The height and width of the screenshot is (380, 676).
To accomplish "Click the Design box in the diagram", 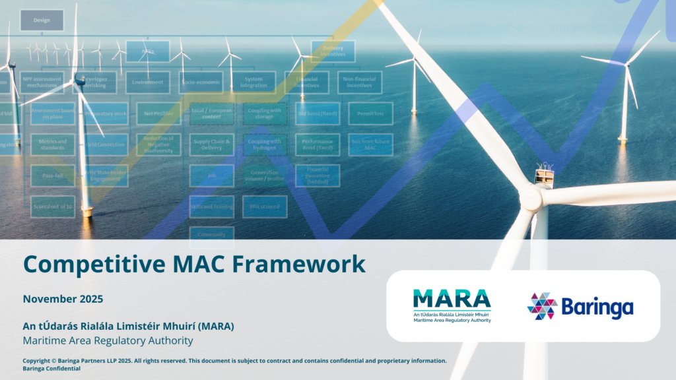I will click(42, 20).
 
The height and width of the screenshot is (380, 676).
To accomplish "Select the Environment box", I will click(147, 82).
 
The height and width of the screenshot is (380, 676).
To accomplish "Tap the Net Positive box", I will click(158, 113).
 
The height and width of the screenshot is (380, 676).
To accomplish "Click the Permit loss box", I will click(370, 113).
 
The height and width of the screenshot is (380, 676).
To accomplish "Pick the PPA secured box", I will click(264, 207).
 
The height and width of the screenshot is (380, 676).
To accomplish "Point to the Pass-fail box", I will click(52, 176).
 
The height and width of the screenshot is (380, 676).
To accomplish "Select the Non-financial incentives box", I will click(360, 82).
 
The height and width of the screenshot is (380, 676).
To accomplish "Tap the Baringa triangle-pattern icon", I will click(541, 306).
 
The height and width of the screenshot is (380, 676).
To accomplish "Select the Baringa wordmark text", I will click(597, 307).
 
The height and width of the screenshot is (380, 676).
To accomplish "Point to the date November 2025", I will click(63, 299).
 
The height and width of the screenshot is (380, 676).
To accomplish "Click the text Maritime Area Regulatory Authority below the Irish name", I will click(108, 341).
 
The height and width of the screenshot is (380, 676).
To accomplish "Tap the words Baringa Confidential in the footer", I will click(51, 369).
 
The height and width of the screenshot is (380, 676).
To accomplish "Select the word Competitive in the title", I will click(86, 264).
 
